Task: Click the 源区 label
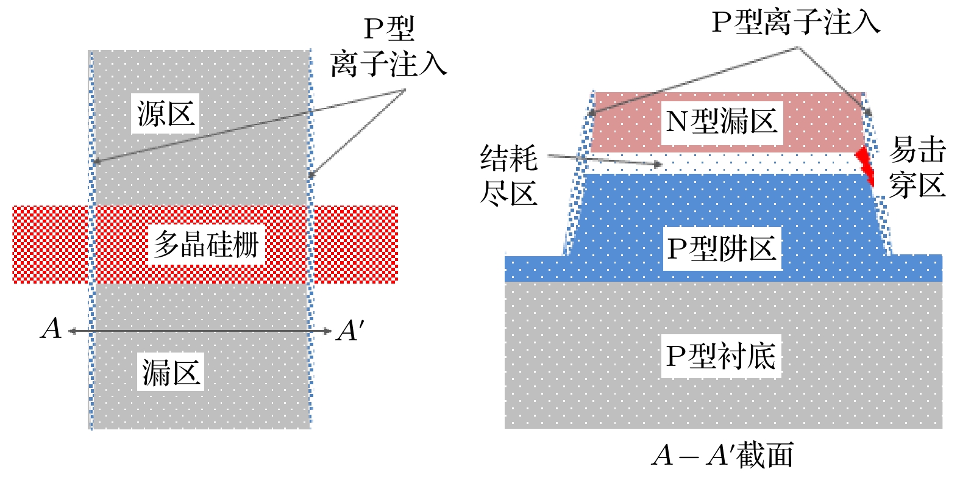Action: [x=165, y=114]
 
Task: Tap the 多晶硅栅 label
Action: [x=206, y=245]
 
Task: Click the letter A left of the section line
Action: [x=51, y=329]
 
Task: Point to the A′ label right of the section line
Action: [x=349, y=331]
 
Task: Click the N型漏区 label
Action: [x=721, y=121]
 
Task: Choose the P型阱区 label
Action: [x=721, y=249]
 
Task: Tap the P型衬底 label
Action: [x=720, y=356]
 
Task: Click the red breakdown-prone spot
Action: [x=865, y=163]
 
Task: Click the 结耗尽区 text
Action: [x=509, y=176]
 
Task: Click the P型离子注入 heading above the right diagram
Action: [x=796, y=23]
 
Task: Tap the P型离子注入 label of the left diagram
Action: [x=388, y=47]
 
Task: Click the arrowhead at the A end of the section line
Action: [x=73, y=331]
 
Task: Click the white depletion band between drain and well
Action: [x=762, y=163]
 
